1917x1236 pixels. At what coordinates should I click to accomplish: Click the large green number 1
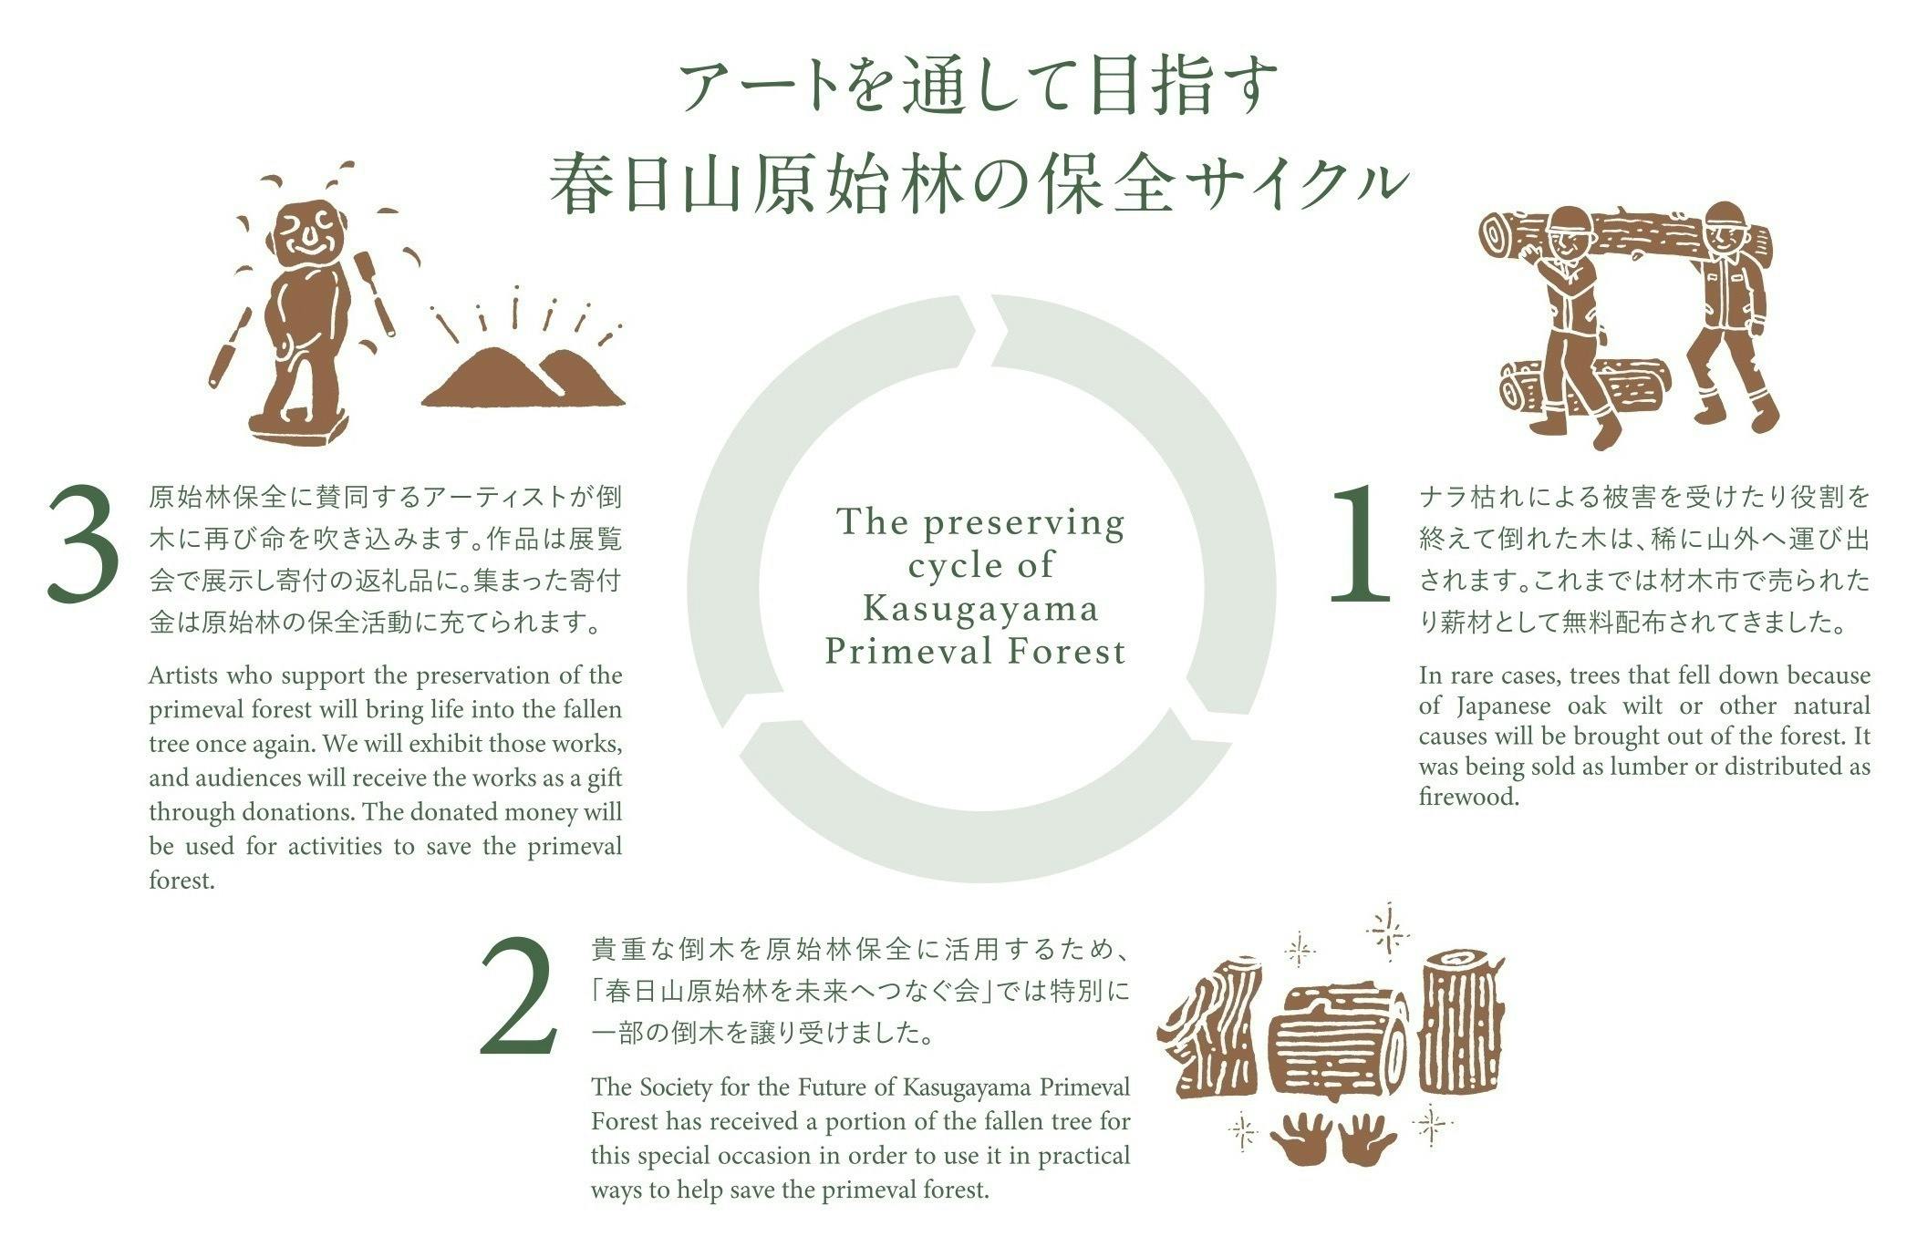click(x=1359, y=543)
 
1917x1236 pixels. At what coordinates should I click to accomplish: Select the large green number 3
click(x=83, y=545)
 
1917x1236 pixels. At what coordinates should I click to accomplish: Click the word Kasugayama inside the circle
click(x=980, y=608)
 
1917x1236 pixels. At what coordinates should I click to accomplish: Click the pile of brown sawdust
click(x=523, y=376)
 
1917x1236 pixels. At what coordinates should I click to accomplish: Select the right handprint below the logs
click(x=1367, y=1139)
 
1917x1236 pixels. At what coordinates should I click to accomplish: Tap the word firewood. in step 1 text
click(x=1468, y=797)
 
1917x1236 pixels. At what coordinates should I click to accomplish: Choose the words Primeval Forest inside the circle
click(x=976, y=651)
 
